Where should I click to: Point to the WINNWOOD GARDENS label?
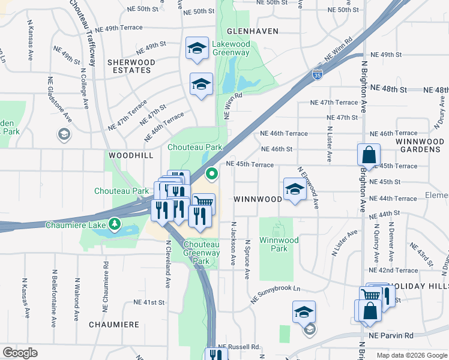(419, 145)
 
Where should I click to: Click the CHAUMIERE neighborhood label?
(114, 325)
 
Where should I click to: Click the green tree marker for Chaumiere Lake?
(115, 225)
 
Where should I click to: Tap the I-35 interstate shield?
(317, 74)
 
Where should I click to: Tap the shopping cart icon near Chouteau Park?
(203, 203)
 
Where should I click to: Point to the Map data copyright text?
(411, 355)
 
